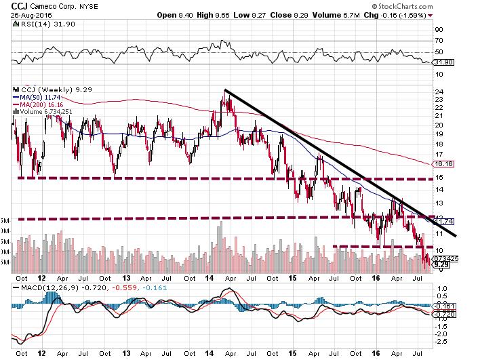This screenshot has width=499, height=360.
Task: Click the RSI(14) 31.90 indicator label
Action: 39,24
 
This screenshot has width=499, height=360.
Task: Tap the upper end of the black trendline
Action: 224,90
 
